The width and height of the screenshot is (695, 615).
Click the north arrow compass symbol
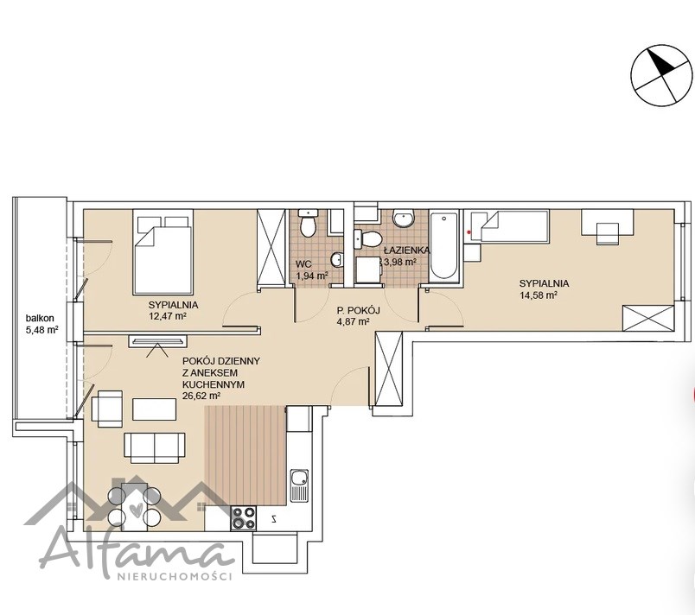pyautogui.click(x=661, y=75)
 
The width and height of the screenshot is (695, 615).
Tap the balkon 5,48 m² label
pyautogui.click(x=42, y=324)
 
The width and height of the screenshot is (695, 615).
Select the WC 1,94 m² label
pyautogui.click(x=311, y=270)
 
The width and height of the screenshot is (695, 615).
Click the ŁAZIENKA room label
pyautogui.click(x=406, y=250)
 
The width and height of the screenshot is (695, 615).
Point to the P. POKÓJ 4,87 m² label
pyautogui.click(x=353, y=316)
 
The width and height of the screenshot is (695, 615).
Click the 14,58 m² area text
pyautogui.click(x=539, y=295)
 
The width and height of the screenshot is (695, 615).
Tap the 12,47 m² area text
pyautogui.click(x=167, y=316)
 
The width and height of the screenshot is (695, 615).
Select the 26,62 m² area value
pyautogui.click(x=201, y=396)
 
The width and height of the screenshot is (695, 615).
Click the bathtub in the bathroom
pyautogui.click(x=443, y=245)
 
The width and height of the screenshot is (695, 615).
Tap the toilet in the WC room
pyautogui.click(x=308, y=223)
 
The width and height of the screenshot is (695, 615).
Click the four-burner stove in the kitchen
pyautogui.click(x=244, y=518)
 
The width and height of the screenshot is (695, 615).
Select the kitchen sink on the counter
pyautogui.click(x=300, y=485)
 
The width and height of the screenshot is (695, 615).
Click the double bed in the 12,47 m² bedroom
pyautogui.click(x=163, y=251)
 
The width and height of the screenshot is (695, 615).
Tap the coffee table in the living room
pyautogui.click(x=154, y=409)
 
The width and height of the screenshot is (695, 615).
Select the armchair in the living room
pyautogui.click(x=107, y=409)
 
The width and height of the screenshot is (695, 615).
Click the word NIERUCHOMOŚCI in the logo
pyautogui.click(x=175, y=576)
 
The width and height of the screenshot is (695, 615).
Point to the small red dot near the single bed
pyautogui.click(x=469, y=231)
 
